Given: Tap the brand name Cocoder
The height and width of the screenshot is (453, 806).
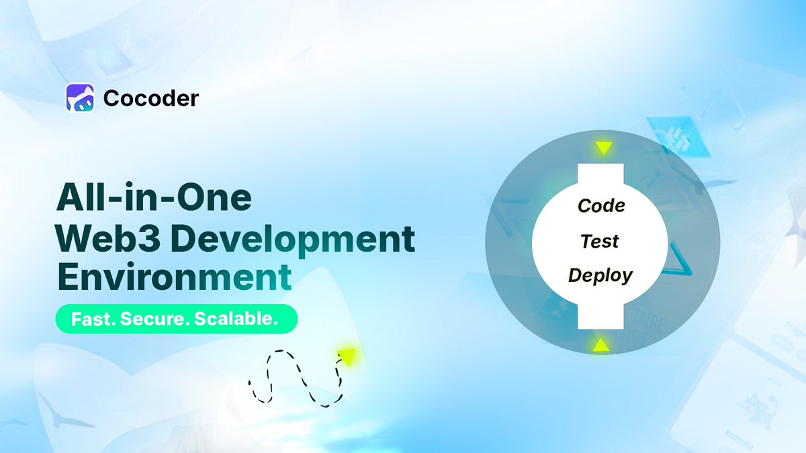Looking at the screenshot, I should [151, 99].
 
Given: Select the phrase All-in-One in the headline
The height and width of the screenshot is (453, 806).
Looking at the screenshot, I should [154, 200].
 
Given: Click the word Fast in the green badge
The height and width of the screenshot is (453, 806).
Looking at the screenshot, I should [85, 319].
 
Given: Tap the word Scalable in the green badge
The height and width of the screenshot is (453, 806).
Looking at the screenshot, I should [235, 319].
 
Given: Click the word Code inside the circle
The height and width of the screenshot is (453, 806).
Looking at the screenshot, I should [601, 205].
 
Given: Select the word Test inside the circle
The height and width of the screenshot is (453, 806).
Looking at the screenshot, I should [600, 240].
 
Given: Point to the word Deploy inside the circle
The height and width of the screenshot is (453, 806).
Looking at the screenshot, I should [600, 275].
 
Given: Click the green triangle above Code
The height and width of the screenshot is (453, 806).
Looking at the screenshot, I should [602, 148].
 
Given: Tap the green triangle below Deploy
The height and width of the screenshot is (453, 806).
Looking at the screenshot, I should [599, 346].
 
